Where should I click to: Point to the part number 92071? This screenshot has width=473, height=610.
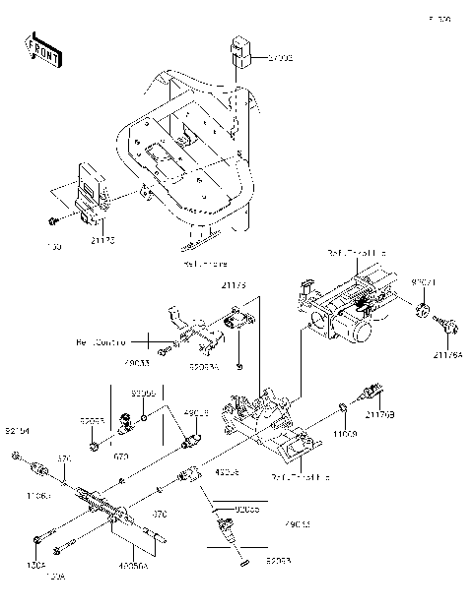pyautogui.click(x=423, y=281)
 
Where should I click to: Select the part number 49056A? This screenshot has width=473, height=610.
pyautogui.click(x=133, y=566)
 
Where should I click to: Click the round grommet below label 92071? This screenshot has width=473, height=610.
pyautogui.click(x=423, y=313)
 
